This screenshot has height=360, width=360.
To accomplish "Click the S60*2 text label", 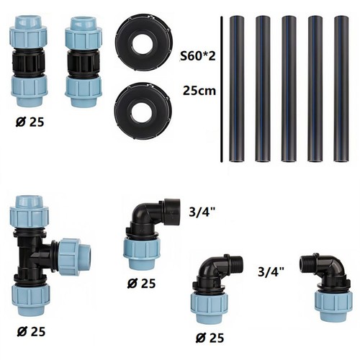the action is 198,56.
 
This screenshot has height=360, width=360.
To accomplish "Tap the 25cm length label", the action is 199,91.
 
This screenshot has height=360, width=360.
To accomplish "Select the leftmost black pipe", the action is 237,89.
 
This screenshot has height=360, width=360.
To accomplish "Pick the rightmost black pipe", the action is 341,89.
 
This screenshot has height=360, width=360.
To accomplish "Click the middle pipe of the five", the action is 289,89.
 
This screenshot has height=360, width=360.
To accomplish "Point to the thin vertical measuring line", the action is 221,89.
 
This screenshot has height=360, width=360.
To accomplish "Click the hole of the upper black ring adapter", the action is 141,42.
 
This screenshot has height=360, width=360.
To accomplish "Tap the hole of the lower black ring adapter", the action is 141,111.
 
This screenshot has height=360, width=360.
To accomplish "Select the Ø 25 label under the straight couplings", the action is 30,122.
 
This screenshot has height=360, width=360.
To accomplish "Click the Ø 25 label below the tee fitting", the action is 31,332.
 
